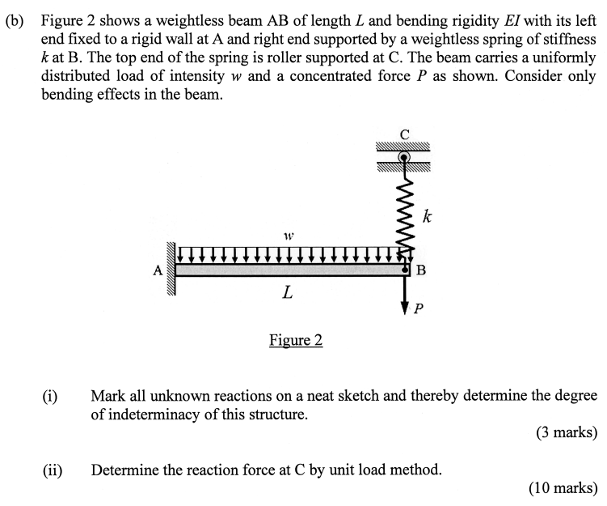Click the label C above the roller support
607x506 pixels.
click(x=405, y=134)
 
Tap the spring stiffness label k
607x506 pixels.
click(x=427, y=216)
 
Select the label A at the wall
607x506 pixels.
click(x=158, y=272)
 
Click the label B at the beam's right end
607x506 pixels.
click(x=419, y=270)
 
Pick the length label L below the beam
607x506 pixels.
click(x=287, y=294)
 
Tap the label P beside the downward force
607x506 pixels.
click(x=417, y=308)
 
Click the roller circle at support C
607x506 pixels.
click(x=405, y=156)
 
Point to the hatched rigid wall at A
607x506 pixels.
click(x=171, y=269)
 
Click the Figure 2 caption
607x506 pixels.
click(x=296, y=340)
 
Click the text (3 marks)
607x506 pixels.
click(x=566, y=432)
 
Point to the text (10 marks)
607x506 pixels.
click(x=563, y=487)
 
